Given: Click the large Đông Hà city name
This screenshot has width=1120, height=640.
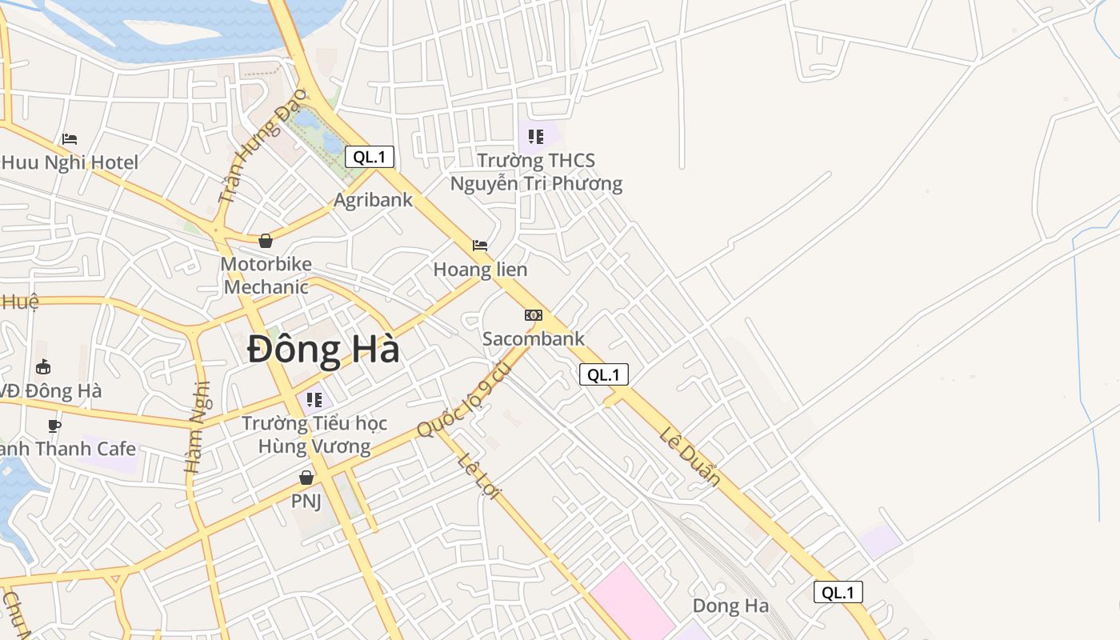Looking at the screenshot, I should [323, 350].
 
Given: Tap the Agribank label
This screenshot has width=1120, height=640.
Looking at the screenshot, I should [373, 200].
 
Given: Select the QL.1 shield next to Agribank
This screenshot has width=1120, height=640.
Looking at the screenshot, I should [370, 157].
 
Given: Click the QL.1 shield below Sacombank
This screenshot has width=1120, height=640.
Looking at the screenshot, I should [603, 374].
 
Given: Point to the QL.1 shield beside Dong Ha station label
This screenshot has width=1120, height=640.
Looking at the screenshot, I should [838, 592].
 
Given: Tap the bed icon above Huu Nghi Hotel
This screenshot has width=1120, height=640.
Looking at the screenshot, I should [70, 139].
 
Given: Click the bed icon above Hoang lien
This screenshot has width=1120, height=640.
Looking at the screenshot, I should [480, 246].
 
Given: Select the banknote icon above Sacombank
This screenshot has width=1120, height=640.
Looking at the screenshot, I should [534, 315].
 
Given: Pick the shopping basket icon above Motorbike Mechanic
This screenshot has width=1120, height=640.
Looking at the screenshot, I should [266, 241].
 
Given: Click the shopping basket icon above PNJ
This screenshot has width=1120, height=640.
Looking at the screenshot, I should [306, 478].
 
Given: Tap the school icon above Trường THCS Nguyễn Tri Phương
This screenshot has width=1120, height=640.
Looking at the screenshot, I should [536, 137].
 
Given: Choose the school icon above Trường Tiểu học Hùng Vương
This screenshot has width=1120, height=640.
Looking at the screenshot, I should [314, 398].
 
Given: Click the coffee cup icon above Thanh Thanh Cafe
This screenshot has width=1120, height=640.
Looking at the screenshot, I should [54, 426].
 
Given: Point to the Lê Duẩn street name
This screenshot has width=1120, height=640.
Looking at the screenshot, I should [690, 457].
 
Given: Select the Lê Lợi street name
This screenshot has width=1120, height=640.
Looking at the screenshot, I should [478, 477].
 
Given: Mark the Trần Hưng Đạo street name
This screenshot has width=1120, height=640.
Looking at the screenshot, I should [262, 145].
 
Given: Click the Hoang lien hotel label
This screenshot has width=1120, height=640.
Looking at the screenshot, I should [480, 270].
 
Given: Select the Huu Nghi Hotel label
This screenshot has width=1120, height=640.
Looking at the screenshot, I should [70, 162].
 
